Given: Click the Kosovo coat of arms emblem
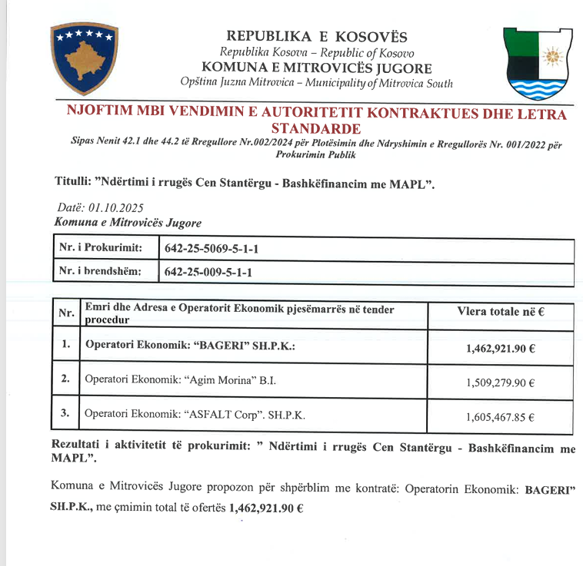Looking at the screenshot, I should click(84, 58).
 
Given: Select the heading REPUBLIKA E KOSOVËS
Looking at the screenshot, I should click(317, 37).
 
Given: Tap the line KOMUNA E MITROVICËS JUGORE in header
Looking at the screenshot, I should click(316, 68).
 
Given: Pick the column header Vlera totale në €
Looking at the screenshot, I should click(501, 312).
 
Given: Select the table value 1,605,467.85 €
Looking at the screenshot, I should click(500, 418).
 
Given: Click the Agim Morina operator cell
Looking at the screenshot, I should click(181, 379).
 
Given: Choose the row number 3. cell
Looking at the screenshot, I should click(66, 415).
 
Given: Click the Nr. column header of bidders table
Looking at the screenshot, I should click(66, 313).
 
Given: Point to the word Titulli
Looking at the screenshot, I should click(74, 182).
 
